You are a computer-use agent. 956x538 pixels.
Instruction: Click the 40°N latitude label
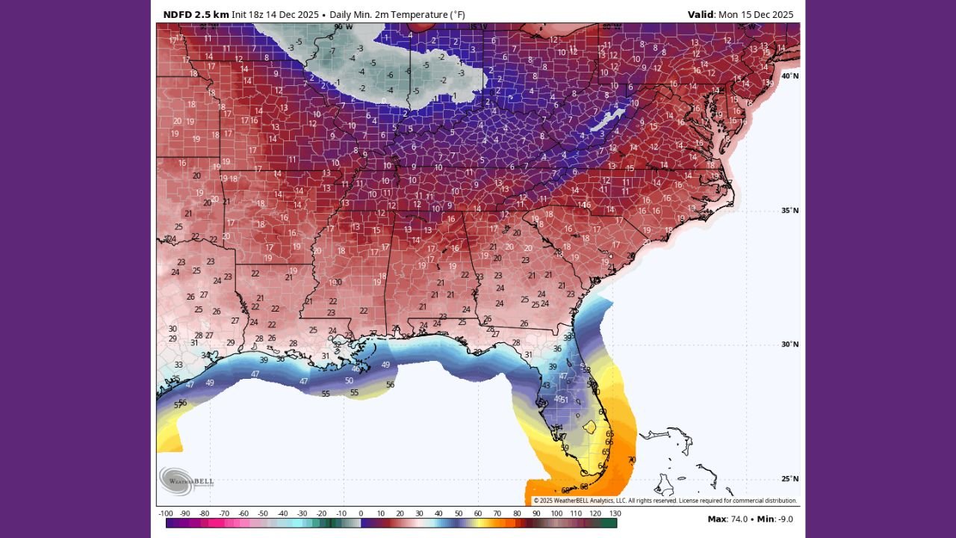click(x=789, y=76)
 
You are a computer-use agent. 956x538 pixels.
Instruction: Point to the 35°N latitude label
click(x=789, y=211)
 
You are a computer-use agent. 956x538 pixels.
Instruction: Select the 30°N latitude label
click(x=789, y=344)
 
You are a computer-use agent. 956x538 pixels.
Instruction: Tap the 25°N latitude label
click(x=789, y=479)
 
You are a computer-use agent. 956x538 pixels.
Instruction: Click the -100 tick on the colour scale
click(x=166, y=513)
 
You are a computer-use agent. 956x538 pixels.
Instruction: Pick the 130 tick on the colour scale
click(x=615, y=513)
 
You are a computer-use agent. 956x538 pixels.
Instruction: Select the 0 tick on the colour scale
click(x=361, y=513)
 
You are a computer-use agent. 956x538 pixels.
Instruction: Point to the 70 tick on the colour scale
click(x=497, y=513)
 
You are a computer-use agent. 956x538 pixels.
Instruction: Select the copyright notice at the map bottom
click(x=665, y=501)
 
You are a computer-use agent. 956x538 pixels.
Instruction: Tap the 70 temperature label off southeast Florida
click(x=631, y=460)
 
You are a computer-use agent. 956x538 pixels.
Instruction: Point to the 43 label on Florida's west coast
click(x=546, y=386)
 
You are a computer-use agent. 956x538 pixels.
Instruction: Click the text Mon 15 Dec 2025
click(x=756, y=14)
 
